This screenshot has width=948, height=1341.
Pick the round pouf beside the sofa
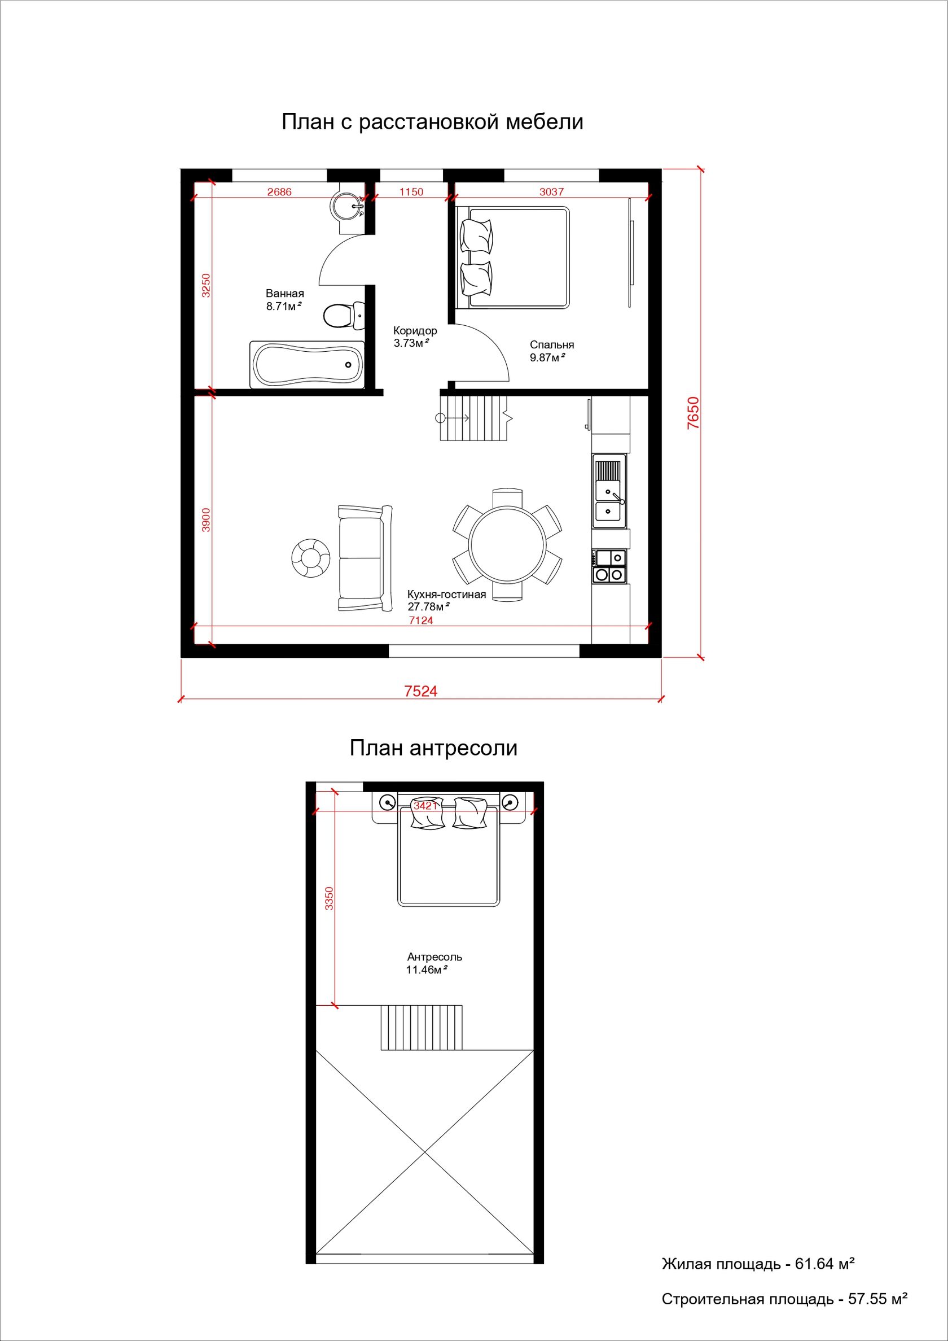pyautogui.click(x=311, y=558)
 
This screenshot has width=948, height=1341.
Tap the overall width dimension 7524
pyautogui.click(x=421, y=692)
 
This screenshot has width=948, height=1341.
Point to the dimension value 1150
pyautogui.click(x=411, y=191)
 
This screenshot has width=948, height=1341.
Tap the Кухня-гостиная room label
pyautogui.click(x=446, y=595)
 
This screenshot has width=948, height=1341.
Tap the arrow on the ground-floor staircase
pyautogui.click(x=454, y=417)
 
